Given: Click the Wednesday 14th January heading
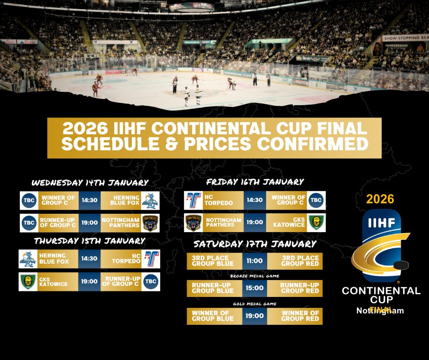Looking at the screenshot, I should click(x=90, y=183).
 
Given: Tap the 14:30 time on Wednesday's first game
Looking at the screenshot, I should click(x=89, y=200).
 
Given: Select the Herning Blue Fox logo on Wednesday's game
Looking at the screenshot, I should click(x=151, y=200).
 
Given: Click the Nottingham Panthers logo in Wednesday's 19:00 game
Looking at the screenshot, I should click(x=151, y=222).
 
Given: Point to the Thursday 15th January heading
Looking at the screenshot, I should click(x=89, y=241).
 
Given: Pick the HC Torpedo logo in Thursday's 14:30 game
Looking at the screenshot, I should click(x=151, y=258).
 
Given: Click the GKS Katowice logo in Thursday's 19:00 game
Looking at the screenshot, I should click(x=28, y=281).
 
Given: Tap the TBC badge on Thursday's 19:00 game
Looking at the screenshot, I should click(x=151, y=281).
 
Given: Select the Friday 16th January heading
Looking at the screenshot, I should click(x=255, y=182).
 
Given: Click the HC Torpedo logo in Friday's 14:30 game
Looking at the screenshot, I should click(x=194, y=200).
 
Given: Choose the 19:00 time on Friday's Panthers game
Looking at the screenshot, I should click(x=255, y=222).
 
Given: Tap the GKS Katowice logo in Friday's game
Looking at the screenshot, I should click(x=316, y=222).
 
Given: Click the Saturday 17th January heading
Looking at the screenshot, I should click(x=255, y=244).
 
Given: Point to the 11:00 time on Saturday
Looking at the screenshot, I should click(x=255, y=261).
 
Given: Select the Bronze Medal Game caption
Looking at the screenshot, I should click(x=255, y=276).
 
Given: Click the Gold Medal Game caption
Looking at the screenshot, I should click(x=255, y=303).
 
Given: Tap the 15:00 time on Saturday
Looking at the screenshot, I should click(x=255, y=288).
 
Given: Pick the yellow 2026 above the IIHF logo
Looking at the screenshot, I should click(x=380, y=199).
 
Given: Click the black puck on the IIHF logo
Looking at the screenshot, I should click(x=401, y=265).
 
